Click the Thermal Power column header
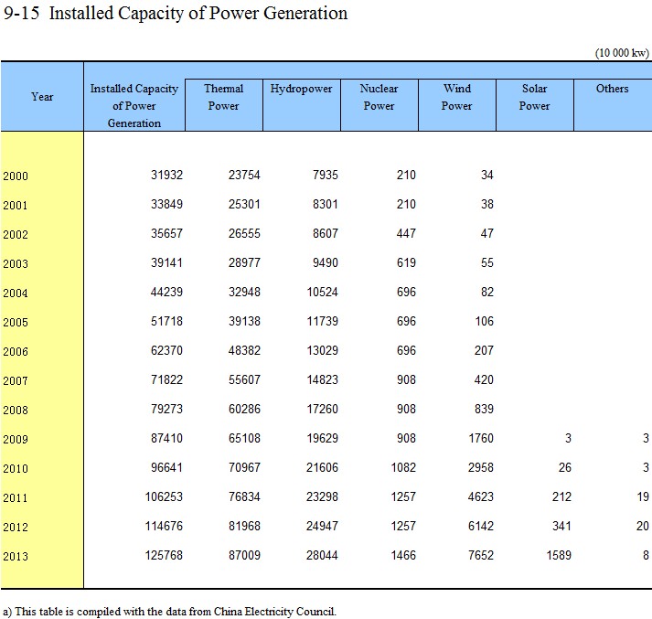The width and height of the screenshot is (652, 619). [x=224, y=97]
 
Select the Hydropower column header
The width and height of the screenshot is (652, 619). [x=301, y=89]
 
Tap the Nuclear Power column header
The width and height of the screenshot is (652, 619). [x=379, y=97]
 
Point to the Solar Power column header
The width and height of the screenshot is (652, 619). [x=534, y=97]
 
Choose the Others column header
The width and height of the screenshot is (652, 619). [x=612, y=89]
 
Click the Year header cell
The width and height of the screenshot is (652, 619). [x=42, y=97]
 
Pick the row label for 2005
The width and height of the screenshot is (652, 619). [x=16, y=322]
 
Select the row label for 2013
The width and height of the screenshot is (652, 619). [x=16, y=556]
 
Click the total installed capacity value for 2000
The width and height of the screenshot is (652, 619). [x=166, y=175]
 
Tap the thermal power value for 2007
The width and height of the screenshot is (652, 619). [x=244, y=379]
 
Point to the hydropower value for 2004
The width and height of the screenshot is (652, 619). [x=322, y=292]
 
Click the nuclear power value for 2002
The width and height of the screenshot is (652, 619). [x=406, y=234]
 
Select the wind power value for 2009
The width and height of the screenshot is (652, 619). [x=481, y=438]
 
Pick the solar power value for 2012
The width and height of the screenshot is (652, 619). [x=561, y=526]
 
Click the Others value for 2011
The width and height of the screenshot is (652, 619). [x=643, y=496]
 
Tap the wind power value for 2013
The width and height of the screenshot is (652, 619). [x=481, y=555]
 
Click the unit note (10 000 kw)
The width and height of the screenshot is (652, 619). [x=622, y=53]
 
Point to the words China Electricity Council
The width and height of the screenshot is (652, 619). [x=275, y=612]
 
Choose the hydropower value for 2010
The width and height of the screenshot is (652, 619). [x=322, y=468]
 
